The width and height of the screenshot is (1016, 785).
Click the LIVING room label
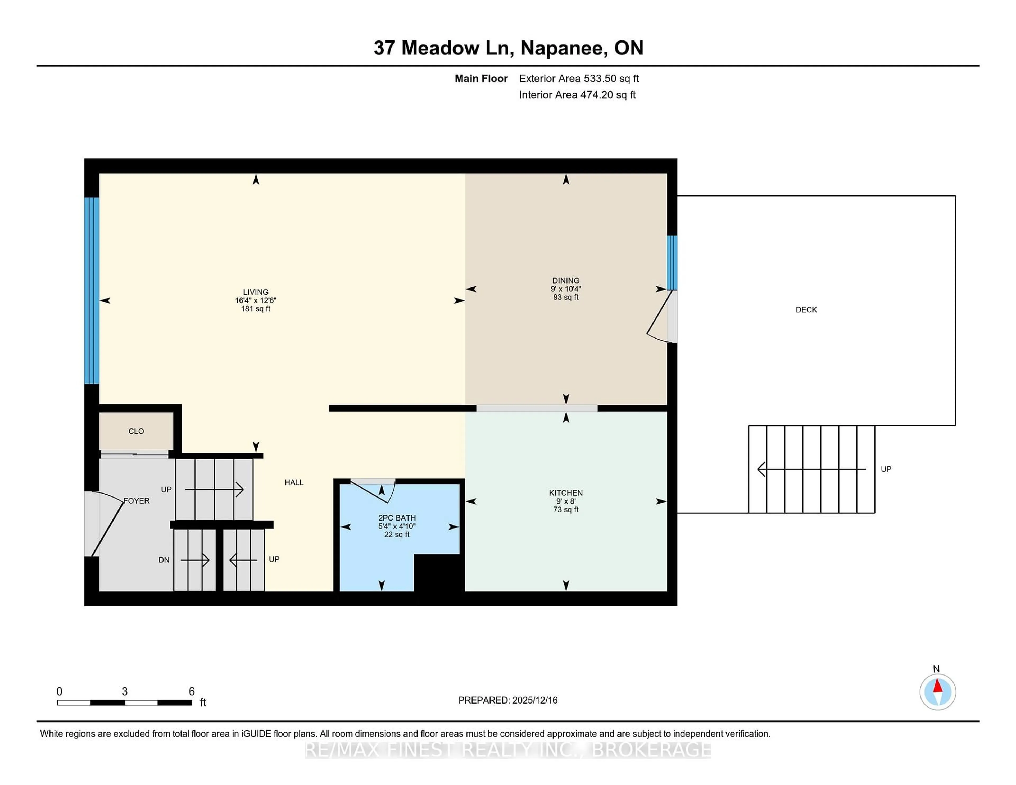tap(255, 292)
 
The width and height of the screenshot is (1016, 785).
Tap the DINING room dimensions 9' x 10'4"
tap(566, 289)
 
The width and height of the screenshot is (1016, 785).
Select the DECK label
tap(806, 310)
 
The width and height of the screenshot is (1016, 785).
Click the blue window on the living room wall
tap(92, 291)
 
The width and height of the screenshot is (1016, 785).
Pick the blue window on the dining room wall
tap(672, 263)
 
